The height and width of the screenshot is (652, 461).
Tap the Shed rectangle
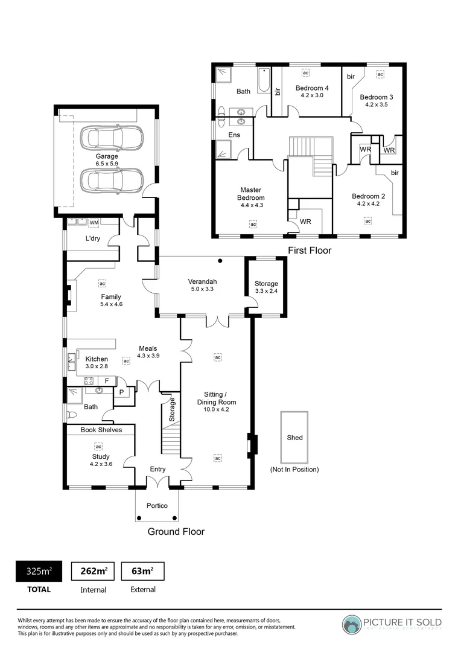coord(294,437)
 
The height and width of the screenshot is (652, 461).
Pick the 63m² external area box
coord(142,571)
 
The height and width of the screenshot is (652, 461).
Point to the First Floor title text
coord(310,250)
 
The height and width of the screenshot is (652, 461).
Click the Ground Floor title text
coord(176,532)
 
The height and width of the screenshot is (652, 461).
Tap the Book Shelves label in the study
coord(101,430)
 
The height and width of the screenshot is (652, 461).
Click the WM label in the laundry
coord(94,223)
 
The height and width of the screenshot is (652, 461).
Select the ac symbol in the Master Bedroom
coord(253,224)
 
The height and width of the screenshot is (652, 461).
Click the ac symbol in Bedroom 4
coord(305,73)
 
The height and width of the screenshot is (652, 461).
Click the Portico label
coord(157,506)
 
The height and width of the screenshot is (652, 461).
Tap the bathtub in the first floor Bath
coord(264,80)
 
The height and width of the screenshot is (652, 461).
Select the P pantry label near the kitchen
coord(121,392)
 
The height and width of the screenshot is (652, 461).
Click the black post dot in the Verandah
coord(221,261)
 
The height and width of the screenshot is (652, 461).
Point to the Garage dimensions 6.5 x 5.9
coord(106,164)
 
